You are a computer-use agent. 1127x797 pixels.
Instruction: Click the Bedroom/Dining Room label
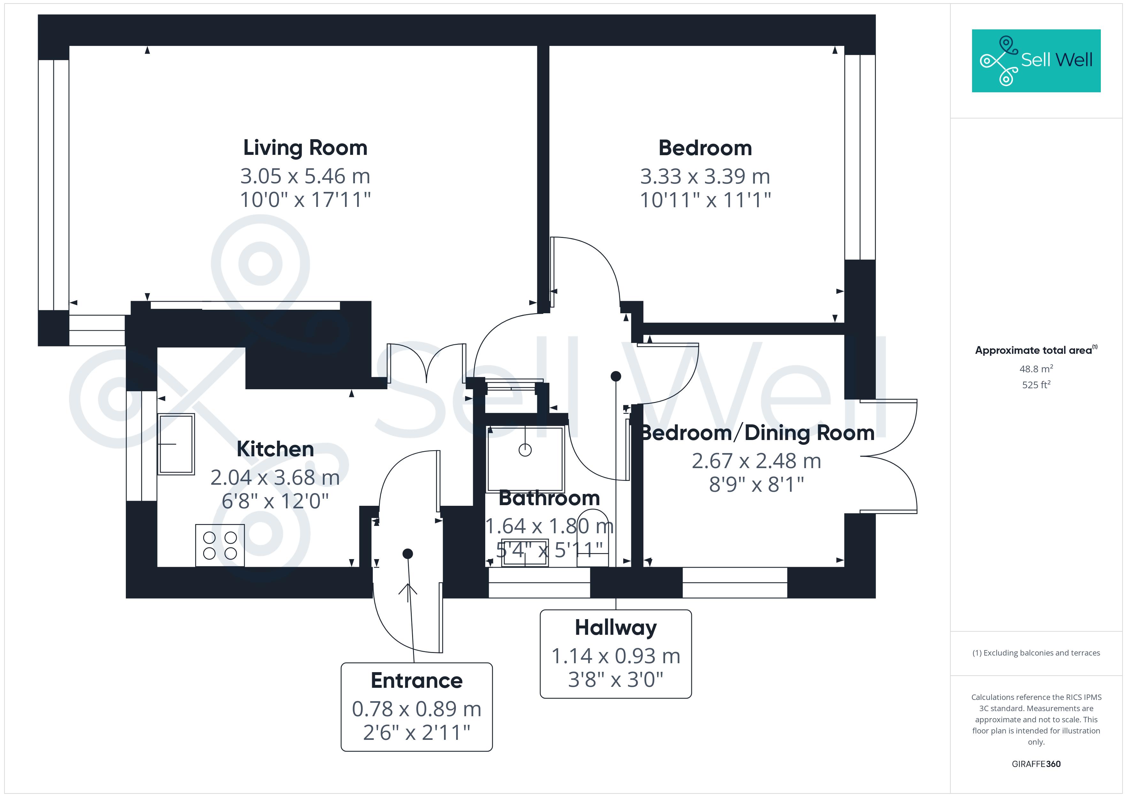[x=757, y=433]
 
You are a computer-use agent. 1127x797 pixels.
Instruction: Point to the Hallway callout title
[x=616, y=628]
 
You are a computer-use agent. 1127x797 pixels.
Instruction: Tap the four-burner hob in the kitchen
[x=220, y=545]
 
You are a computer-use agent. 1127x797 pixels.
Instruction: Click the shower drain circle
[x=525, y=450]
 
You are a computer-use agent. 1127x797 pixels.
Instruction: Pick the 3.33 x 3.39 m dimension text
[x=705, y=177]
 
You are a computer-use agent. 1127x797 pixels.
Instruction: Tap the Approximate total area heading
[x=1035, y=350]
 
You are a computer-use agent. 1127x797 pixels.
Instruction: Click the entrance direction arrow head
[x=407, y=588]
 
